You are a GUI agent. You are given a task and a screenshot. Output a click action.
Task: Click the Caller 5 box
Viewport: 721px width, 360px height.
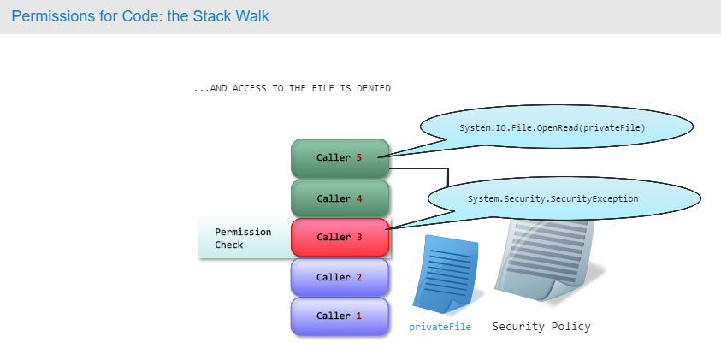click(340, 158)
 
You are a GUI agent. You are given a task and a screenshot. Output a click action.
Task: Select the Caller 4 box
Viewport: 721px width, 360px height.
click(340, 198)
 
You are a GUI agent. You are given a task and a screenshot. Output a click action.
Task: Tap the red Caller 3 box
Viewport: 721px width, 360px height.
click(340, 237)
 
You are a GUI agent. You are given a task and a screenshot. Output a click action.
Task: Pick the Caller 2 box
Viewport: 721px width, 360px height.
click(340, 277)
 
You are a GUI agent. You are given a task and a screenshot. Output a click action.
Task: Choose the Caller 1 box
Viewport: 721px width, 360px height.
click(340, 316)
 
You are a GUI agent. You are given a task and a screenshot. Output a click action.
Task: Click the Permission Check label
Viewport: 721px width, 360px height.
click(243, 239)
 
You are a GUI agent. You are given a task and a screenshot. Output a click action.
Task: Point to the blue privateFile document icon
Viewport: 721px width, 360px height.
click(445, 274)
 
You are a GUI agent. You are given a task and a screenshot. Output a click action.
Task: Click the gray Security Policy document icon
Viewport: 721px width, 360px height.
click(547, 260)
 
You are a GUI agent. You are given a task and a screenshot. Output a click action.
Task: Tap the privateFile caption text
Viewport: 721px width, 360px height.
click(440, 327)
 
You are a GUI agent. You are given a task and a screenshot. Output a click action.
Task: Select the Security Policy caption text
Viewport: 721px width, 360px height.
click(541, 327)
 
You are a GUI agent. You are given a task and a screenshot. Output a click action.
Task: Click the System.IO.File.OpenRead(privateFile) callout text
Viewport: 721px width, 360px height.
click(553, 127)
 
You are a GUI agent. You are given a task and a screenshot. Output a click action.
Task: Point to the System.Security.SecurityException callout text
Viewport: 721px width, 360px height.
click(553, 198)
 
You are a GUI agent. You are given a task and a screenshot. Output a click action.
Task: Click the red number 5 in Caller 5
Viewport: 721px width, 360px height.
click(358, 157)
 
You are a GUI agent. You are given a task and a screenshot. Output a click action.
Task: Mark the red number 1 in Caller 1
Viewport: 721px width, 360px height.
click(358, 316)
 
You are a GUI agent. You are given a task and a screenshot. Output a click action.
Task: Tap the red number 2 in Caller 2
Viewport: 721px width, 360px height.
click(358, 277)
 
